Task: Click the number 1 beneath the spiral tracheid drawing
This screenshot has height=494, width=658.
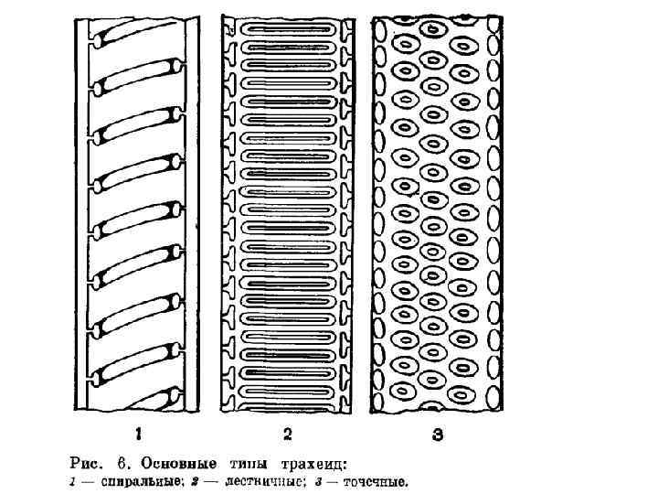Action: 139,435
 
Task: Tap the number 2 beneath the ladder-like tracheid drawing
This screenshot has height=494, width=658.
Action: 287,435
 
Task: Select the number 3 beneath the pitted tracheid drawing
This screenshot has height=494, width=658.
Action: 438,435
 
